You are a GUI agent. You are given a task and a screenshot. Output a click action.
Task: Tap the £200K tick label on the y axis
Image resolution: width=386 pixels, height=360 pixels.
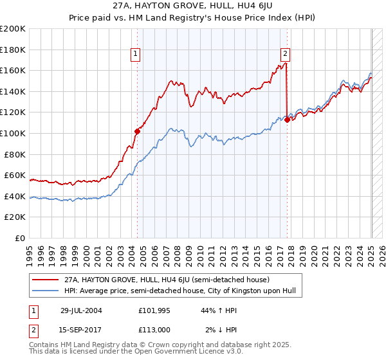(x=13, y=29)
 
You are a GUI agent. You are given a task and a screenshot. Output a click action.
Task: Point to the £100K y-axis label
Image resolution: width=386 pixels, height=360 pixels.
(x=13, y=133)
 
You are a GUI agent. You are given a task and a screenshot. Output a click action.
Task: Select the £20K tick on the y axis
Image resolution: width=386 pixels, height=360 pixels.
(x=15, y=217)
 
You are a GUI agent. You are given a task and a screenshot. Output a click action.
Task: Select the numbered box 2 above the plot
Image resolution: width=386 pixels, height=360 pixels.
(x=284, y=55)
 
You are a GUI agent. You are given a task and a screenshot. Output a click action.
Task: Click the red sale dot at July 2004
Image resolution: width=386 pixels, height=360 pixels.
(x=137, y=131)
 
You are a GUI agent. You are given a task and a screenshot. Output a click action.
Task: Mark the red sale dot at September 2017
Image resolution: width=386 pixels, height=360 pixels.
(x=286, y=120)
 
